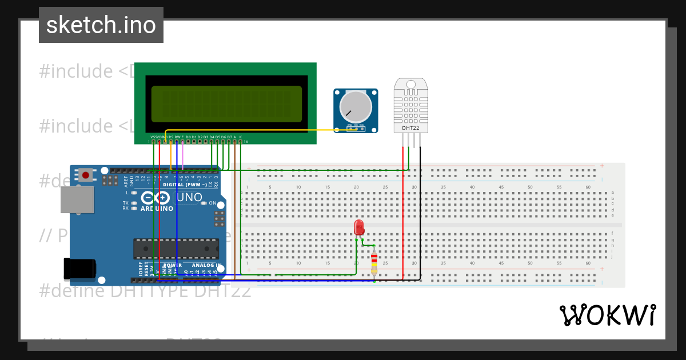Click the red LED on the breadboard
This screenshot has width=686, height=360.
(359, 227)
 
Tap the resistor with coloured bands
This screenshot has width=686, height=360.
(374, 263)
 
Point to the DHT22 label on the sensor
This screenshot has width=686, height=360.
(410, 128)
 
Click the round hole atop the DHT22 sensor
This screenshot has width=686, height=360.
(410, 84)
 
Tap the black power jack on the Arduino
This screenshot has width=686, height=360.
(80, 269)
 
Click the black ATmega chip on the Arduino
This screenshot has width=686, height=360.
(176, 249)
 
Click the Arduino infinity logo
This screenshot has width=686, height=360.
(155, 198)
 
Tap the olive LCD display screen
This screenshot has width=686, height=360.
(226, 103)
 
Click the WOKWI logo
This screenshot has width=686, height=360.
(607, 315)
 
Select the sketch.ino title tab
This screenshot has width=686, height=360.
(101, 25)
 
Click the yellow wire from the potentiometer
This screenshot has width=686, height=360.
(257, 130)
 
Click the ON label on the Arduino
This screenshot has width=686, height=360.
(212, 203)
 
